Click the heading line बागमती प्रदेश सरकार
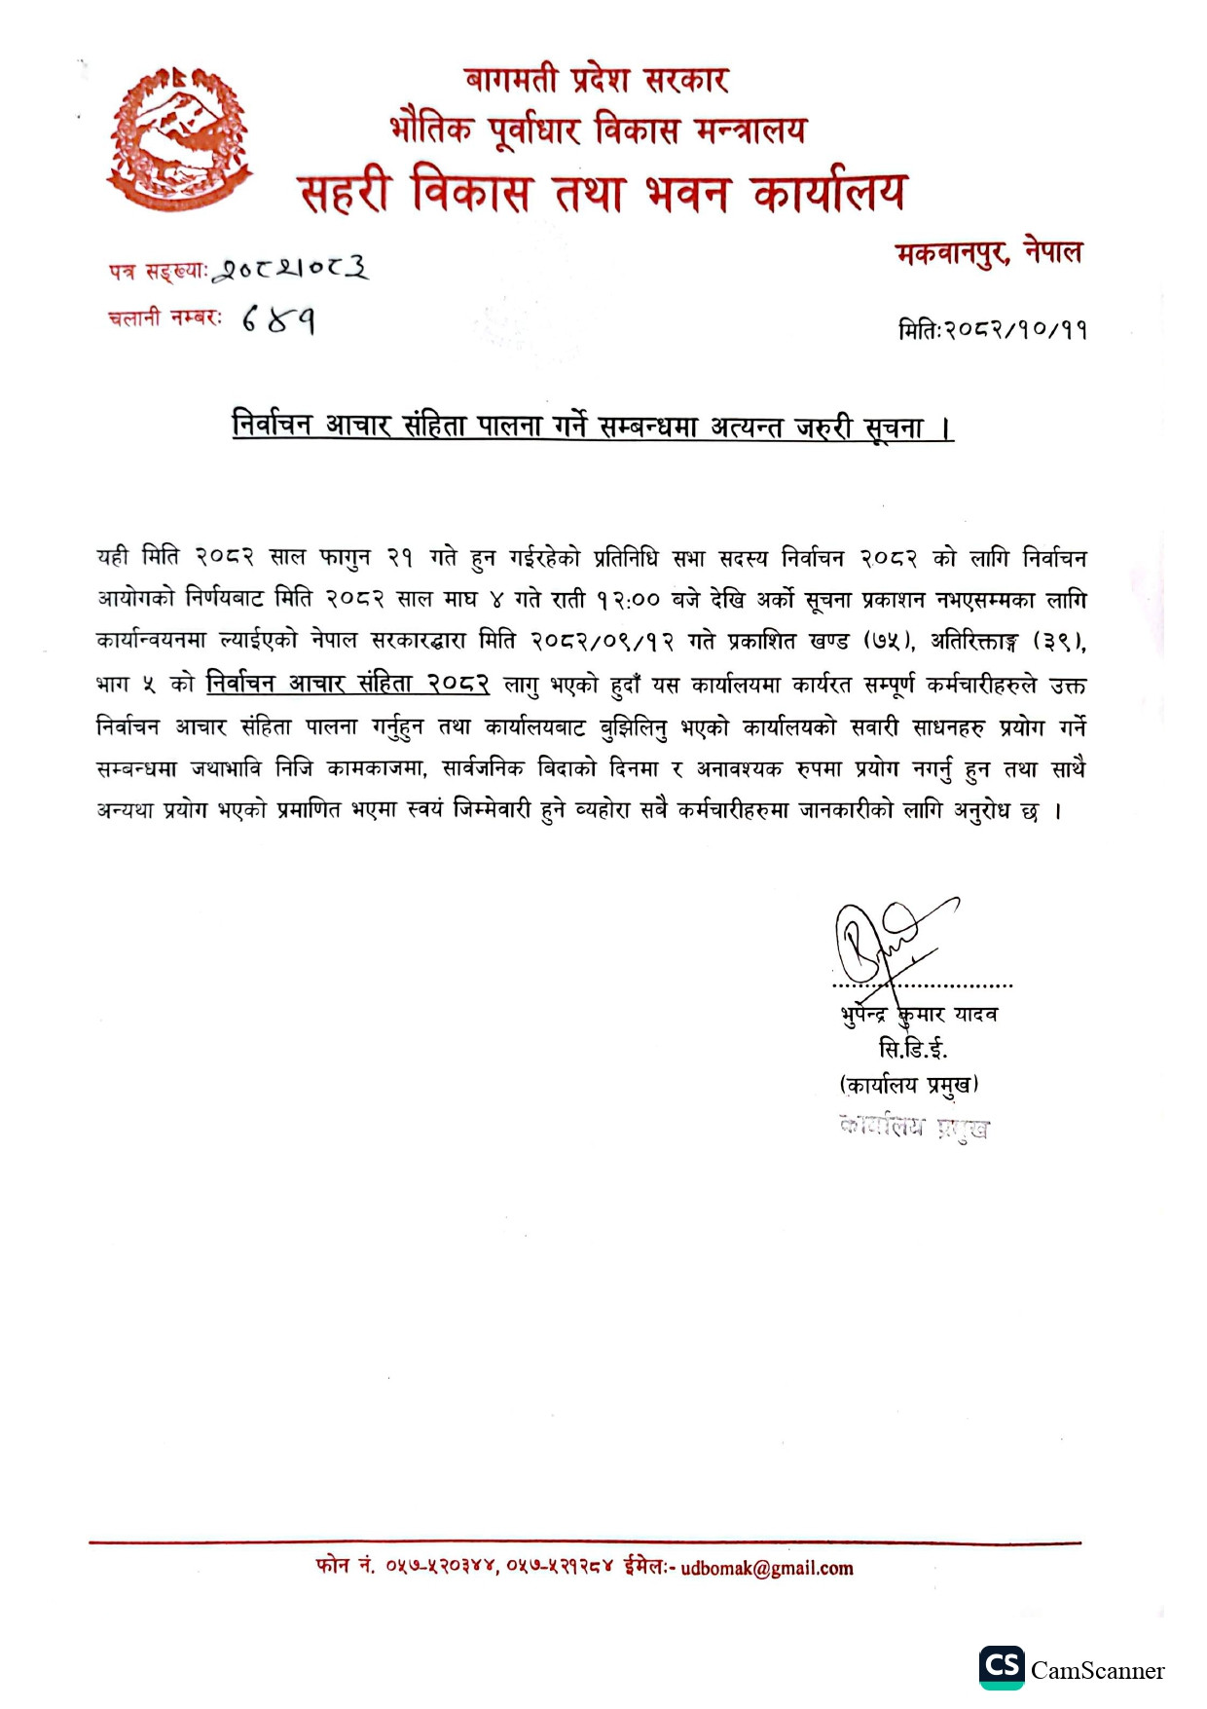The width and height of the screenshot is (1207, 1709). point(596,79)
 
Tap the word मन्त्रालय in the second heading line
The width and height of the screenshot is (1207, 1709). point(750,129)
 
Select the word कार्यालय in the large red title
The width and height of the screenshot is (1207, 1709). point(828,192)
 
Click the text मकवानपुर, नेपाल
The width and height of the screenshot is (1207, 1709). point(988,253)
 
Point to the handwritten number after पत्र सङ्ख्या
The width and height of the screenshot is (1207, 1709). point(291,268)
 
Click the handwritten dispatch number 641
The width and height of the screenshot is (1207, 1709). point(278,318)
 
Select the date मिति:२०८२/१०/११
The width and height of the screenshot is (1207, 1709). point(992,329)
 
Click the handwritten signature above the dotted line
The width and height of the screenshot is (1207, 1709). point(886,940)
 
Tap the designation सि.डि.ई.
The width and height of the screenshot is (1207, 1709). point(912,1049)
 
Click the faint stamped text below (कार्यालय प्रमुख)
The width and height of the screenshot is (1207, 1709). point(914,1128)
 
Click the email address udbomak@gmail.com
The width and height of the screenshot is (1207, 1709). point(767,1568)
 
